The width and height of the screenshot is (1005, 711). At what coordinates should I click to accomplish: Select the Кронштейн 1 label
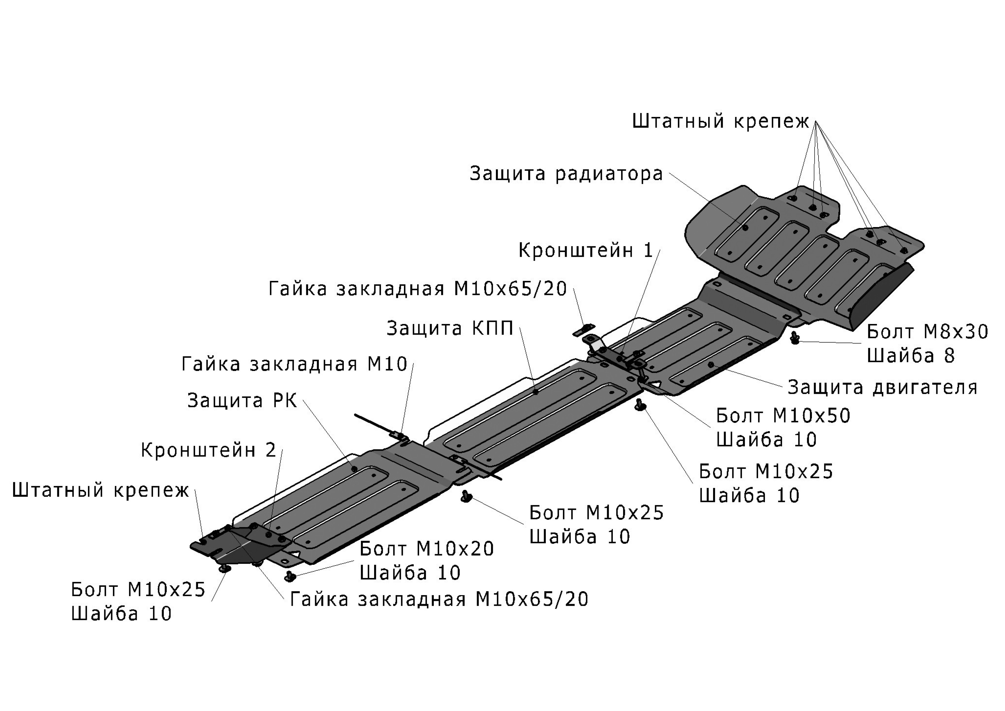[585, 250]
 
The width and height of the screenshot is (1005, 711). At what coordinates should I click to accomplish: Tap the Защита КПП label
[449, 328]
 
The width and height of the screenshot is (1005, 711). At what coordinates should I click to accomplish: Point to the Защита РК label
[242, 400]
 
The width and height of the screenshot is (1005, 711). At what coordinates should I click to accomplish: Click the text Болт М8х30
[927, 332]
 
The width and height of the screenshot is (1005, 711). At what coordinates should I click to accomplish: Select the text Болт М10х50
[783, 415]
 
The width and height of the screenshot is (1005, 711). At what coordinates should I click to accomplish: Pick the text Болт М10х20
[427, 548]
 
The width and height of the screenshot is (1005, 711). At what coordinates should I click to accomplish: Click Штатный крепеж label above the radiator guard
[721, 121]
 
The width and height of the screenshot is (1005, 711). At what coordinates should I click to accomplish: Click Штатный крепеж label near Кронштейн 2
[100, 490]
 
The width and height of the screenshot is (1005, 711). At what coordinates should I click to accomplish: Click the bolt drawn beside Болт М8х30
[795, 338]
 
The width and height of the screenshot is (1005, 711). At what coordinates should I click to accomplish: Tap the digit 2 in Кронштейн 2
[271, 450]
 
